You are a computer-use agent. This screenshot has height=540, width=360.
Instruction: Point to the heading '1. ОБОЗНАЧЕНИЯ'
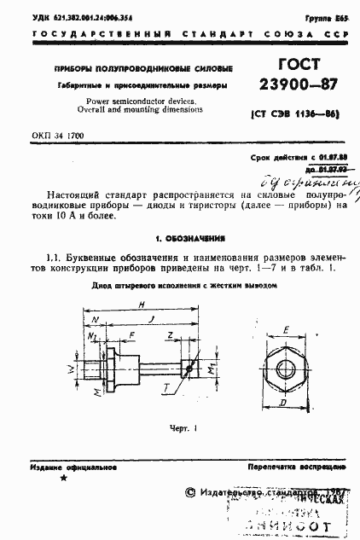[x=179, y=239]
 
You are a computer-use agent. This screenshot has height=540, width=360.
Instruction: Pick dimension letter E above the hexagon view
[x=284, y=327]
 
